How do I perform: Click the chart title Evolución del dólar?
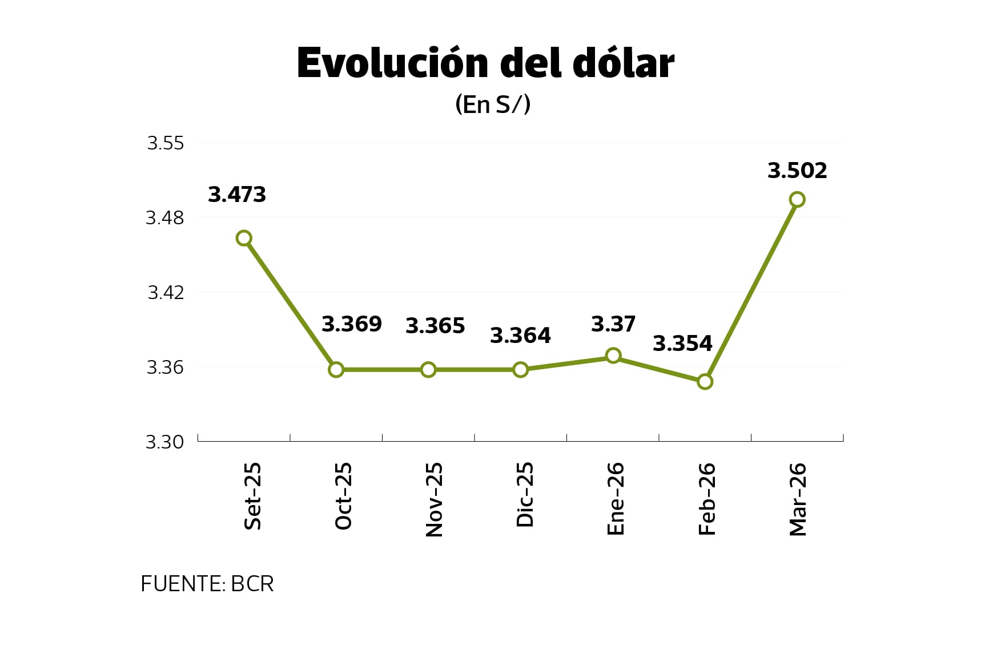pos(485,63)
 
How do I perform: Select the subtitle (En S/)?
pos(492,104)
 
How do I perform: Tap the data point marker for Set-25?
pos(244,238)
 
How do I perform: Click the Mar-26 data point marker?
pos(797,199)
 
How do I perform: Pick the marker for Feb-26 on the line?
pos(705,381)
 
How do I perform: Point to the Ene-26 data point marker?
pos(613,356)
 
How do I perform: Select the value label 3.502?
pos(797,171)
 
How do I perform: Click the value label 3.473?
pos(237,195)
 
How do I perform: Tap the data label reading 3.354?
pos(682,344)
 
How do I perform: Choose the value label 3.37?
pos(613,324)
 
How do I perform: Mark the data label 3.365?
pos(435,326)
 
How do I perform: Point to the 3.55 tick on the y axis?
pos(166,143)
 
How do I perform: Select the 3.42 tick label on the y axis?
pos(166,292)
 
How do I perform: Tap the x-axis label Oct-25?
pos(344,496)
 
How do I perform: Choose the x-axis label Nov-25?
pos(435,499)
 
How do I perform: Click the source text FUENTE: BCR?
pos(207,584)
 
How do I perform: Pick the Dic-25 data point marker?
pos(520,370)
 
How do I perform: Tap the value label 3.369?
pos(351,324)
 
